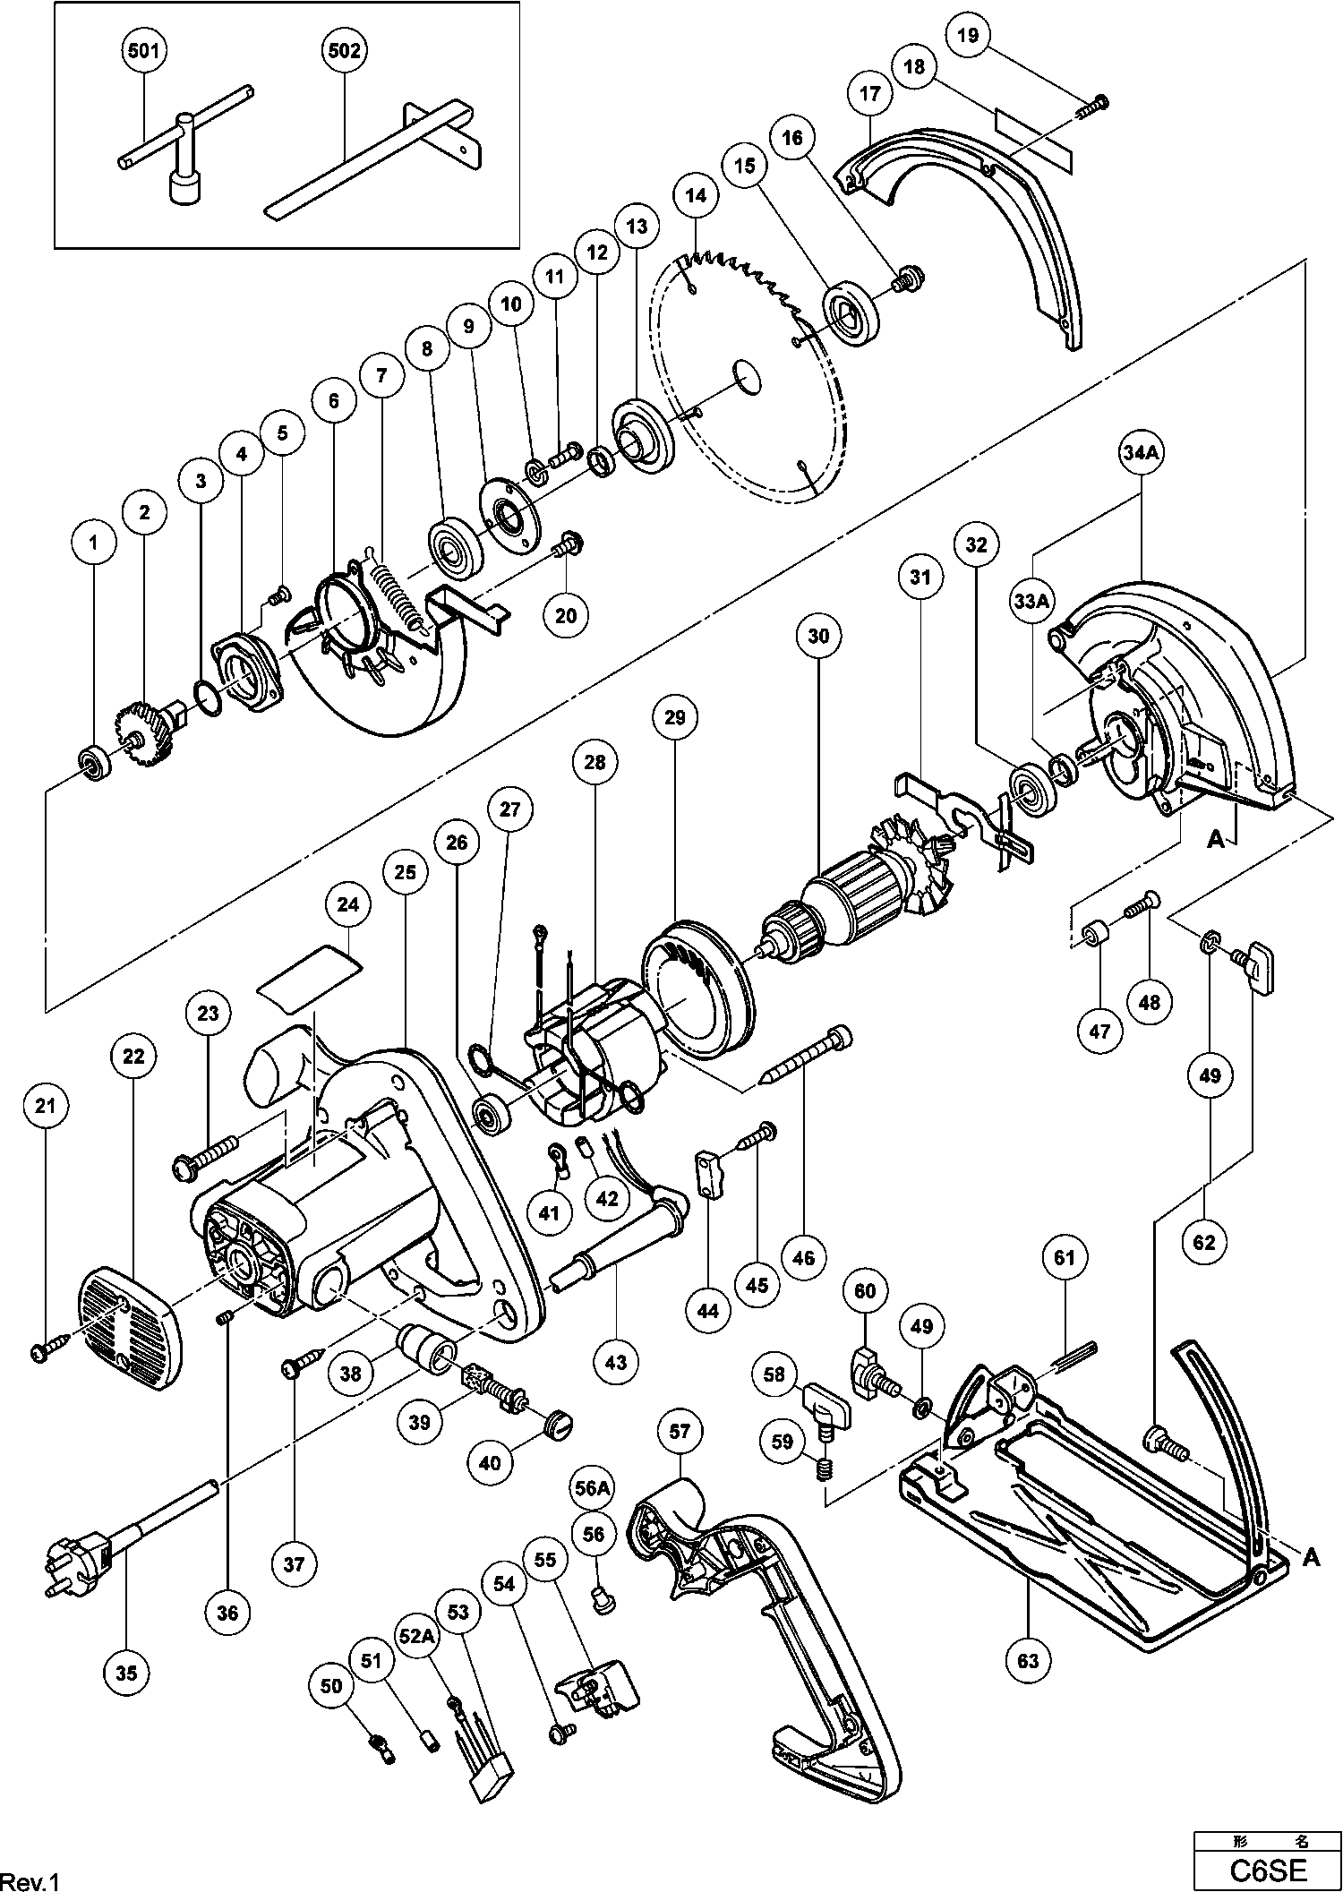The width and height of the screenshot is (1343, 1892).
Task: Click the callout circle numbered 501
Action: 143,51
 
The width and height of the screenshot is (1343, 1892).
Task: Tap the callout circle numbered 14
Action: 697,194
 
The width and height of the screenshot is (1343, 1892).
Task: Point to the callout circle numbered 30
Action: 818,637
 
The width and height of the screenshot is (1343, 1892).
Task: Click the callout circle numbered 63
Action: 1028,1660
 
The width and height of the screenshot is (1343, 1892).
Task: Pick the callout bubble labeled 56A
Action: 593,1488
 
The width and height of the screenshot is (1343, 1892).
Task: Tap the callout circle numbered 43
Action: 616,1362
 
